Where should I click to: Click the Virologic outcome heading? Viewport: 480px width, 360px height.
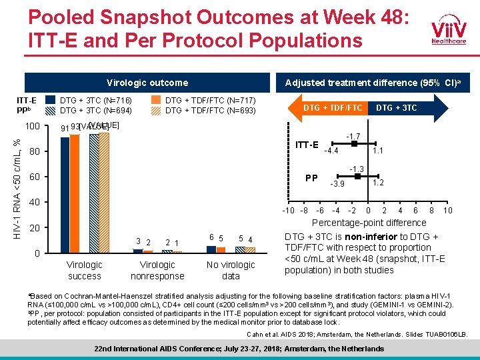(x=147, y=83)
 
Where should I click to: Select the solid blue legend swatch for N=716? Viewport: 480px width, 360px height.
(x=51, y=100)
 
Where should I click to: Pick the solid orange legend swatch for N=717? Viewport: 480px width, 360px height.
(x=156, y=100)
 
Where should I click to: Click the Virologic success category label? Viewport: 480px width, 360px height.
(x=85, y=271)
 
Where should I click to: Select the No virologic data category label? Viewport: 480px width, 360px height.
(x=231, y=271)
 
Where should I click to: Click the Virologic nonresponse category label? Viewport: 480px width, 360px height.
(x=157, y=271)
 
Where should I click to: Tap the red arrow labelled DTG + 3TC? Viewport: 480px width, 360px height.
(x=398, y=107)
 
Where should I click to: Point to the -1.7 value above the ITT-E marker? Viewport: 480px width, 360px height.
(x=353, y=136)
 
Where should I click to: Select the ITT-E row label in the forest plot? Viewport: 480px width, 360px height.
(x=307, y=145)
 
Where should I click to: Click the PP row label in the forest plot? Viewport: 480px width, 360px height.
(x=311, y=178)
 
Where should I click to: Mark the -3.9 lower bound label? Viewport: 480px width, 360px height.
(x=338, y=184)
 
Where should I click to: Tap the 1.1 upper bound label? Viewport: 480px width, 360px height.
(x=377, y=151)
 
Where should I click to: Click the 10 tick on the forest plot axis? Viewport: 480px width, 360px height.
(x=448, y=211)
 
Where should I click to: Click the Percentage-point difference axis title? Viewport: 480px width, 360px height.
(x=369, y=223)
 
